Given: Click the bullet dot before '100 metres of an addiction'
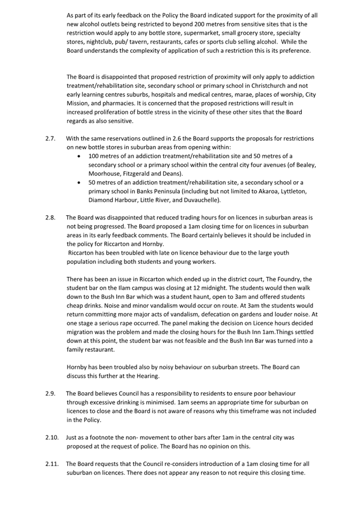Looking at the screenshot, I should tap(79, 156).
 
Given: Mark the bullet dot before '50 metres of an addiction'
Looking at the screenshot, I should tap(79, 183).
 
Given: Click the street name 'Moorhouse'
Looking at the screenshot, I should tap(106, 174).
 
